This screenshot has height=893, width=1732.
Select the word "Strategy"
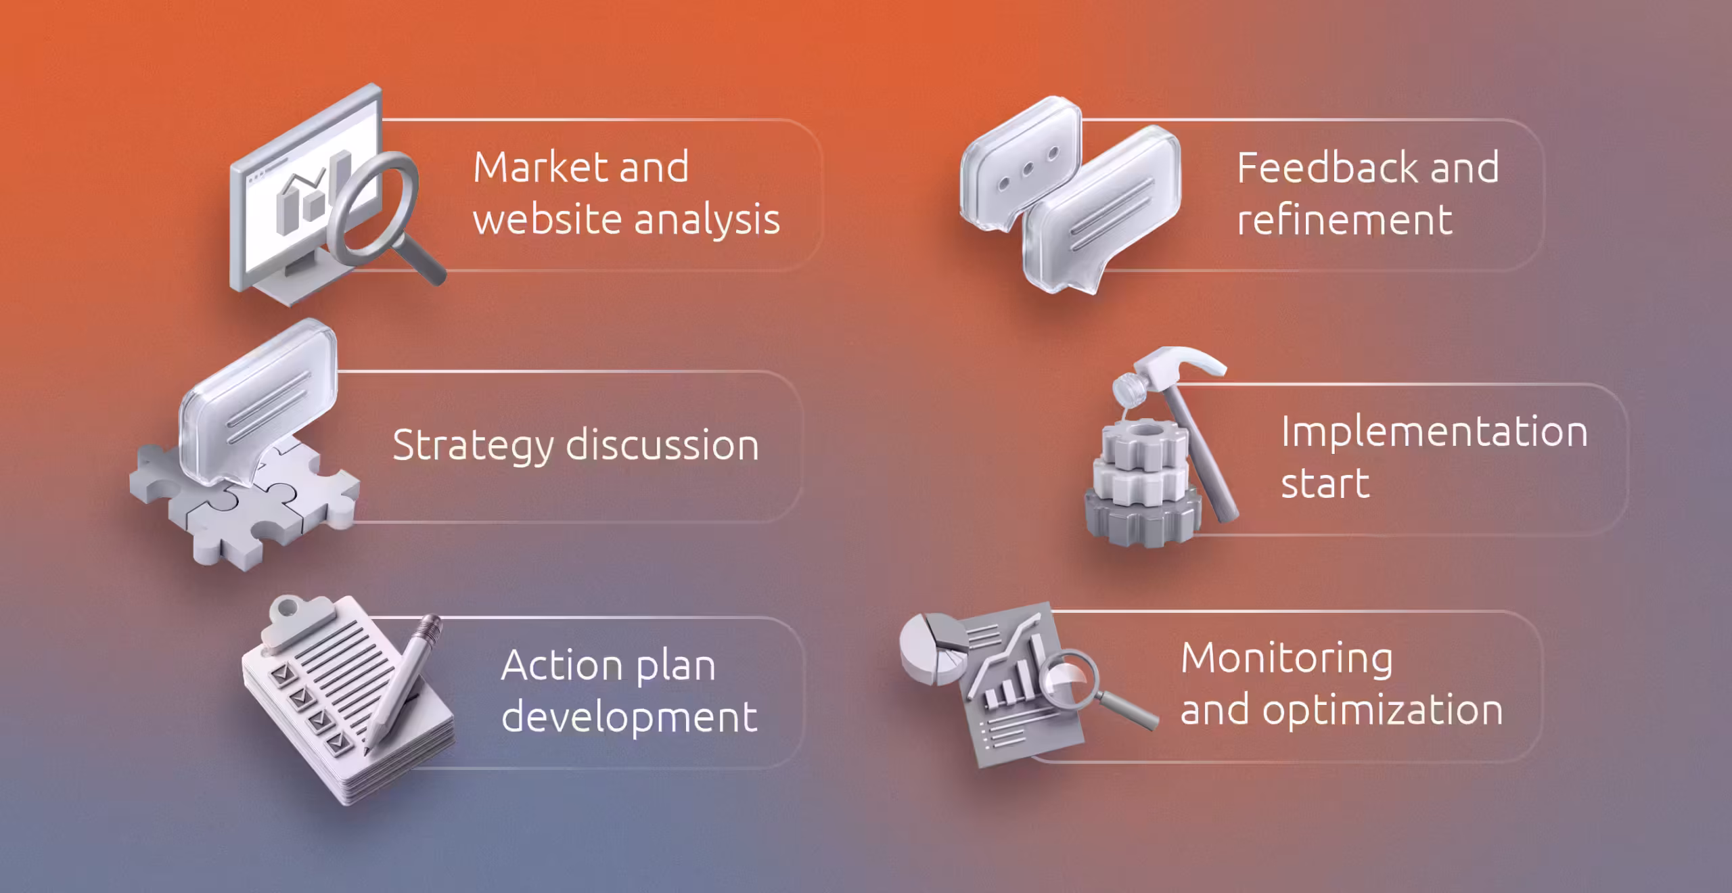pos(472,446)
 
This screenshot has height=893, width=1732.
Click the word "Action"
pos(552,666)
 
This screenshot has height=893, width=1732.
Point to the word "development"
pos(629,717)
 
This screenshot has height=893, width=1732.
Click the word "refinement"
pos(1344,220)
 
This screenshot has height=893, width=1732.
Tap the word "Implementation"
pos(1434,432)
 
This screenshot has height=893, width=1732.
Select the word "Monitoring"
pos(1287,658)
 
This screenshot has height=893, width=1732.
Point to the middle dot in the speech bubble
pos(1028,168)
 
